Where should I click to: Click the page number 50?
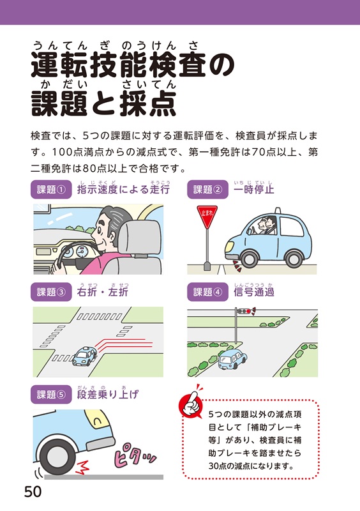tap(33, 491)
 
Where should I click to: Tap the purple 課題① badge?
tap(51, 189)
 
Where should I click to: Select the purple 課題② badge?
tap(207, 189)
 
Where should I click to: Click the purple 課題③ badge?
tap(51, 292)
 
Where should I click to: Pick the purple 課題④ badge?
tap(207, 292)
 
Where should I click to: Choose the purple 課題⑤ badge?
tap(51, 394)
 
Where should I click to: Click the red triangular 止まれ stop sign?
tap(207, 217)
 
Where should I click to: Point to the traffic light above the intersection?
tap(246, 311)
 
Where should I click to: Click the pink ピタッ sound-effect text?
tap(134, 455)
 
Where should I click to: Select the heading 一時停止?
tap(254, 189)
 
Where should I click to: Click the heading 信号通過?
tap(254, 292)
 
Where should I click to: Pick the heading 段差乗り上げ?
tap(108, 394)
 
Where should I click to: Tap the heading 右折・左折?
tap(103, 292)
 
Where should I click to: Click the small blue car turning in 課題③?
tap(84, 356)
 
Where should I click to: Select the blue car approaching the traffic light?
tap(232, 359)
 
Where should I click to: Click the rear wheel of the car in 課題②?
tap(294, 259)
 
